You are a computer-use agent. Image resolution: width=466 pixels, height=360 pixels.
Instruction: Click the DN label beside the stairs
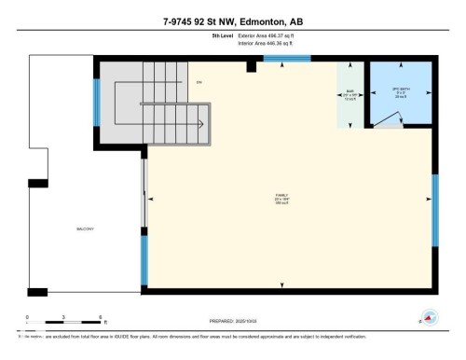(199, 83)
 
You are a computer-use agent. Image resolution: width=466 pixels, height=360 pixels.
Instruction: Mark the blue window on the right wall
(434, 210)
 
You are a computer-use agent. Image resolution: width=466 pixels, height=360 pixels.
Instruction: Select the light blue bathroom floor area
(410, 107)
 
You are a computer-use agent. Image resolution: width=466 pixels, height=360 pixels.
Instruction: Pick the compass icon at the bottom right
(430, 317)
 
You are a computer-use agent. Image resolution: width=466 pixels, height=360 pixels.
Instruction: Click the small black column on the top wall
(252, 66)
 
